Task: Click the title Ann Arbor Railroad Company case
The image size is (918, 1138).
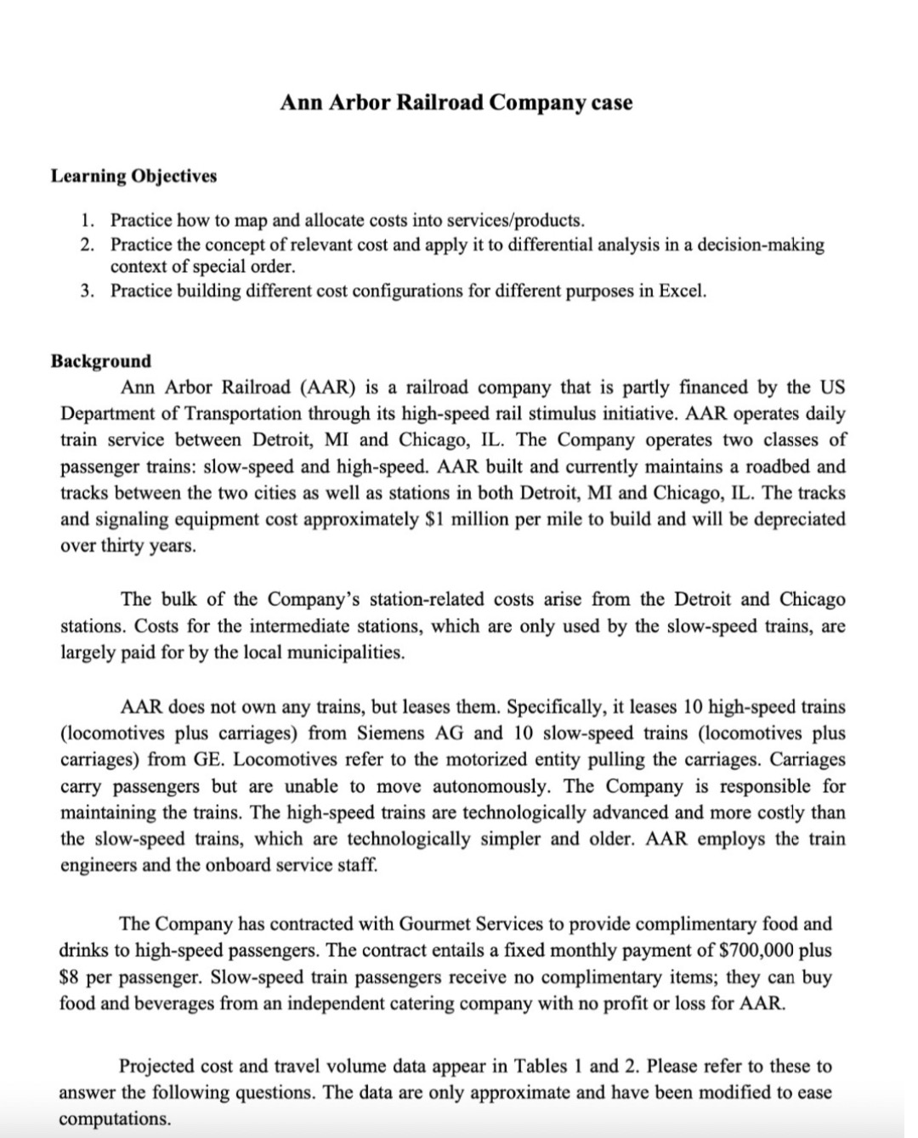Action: [456, 103]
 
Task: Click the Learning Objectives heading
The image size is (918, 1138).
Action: [133, 176]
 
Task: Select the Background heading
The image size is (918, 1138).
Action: [101, 360]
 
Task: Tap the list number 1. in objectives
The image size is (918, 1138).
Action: [88, 220]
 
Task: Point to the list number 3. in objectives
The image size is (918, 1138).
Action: [88, 292]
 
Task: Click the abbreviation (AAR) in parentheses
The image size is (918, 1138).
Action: [326, 388]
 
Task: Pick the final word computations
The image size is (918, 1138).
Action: [114, 1118]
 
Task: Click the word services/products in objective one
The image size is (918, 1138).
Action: [515, 220]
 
